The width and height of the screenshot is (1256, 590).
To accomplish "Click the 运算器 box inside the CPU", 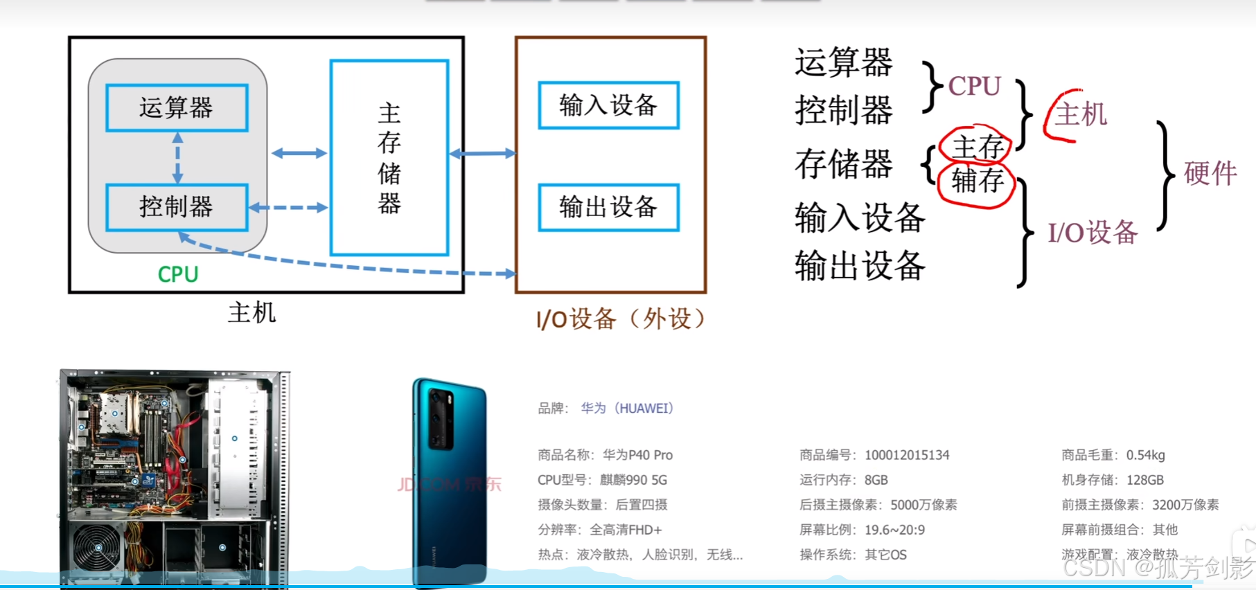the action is (177, 108).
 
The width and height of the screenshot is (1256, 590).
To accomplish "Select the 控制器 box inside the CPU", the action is (177, 207).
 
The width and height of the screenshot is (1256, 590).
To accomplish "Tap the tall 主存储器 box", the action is (389, 158).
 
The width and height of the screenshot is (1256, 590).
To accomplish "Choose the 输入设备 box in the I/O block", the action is (608, 105).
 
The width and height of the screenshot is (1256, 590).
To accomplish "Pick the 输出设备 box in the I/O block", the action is (608, 207).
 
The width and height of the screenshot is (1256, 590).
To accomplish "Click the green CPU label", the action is (178, 275).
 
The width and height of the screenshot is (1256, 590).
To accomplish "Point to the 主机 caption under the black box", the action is (251, 313).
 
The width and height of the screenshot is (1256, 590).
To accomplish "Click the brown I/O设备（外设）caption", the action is (621, 319).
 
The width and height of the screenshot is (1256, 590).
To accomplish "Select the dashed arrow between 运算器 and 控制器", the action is (178, 158).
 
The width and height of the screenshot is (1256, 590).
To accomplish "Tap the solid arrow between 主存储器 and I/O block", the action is (482, 153).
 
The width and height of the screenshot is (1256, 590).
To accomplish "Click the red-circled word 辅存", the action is (978, 181).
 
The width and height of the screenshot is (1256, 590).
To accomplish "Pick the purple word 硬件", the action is (1210, 173).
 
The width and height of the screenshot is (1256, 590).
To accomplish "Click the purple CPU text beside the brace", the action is (974, 87).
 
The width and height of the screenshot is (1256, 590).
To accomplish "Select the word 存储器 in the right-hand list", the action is (843, 165).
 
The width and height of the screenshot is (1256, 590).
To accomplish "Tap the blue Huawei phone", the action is (449, 478).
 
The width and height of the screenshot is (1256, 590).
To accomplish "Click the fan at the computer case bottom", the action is (97, 547).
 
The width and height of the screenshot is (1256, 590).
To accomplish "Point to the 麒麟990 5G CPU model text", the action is (633, 480).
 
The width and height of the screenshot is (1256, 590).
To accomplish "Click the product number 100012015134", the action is (907, 455).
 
